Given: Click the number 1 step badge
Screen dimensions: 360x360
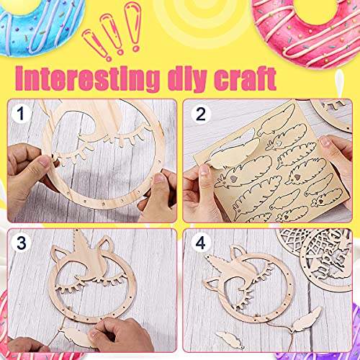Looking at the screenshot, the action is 21,114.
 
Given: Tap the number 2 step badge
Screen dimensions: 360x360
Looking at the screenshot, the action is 201,114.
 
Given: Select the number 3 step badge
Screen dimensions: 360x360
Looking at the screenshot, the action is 22,243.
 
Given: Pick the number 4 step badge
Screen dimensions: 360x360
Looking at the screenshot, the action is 201,243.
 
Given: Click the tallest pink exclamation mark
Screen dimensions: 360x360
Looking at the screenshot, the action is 133,27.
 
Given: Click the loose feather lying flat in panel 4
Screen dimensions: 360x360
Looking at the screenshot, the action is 230,339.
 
